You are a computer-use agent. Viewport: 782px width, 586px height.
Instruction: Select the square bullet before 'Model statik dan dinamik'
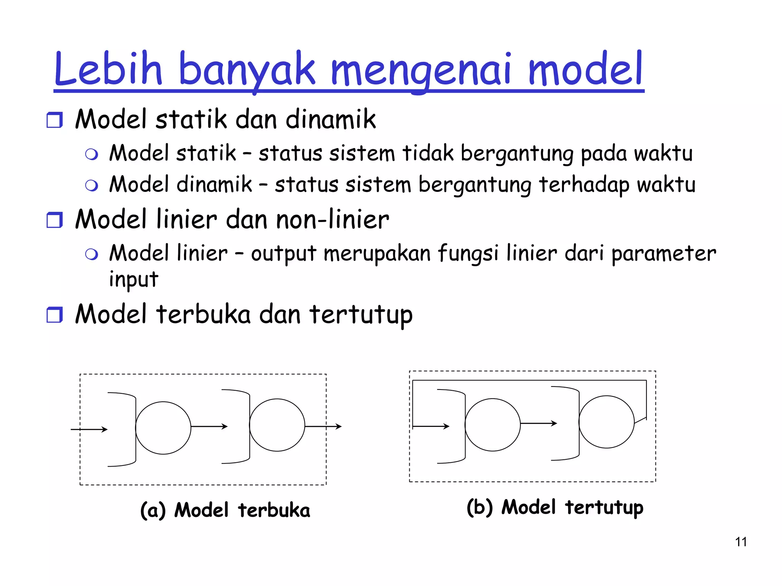[x=54, y=120]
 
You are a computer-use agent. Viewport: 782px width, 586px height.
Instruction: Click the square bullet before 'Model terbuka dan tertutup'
[x=54, y=315]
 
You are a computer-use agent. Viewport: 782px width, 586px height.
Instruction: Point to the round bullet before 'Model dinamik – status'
[x=92, y=185]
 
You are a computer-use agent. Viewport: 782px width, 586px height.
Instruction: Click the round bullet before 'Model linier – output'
[x=92, y=254]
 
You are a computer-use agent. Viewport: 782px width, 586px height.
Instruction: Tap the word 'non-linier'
[x=332, y=220]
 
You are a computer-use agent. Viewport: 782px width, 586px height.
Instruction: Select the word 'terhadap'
[x=584, y=185]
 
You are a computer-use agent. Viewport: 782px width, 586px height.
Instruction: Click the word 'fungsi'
[x=468, y=254]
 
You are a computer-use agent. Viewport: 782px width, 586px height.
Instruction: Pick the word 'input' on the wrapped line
[x=133, y=279]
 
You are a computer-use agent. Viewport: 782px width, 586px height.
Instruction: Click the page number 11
[x=741, y=542]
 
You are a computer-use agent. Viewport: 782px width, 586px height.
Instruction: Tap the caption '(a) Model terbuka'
[x=225, y=510]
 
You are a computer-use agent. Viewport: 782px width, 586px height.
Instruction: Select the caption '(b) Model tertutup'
[x=555, y=507]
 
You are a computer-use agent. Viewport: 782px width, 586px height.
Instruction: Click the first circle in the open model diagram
[x=163, y=428]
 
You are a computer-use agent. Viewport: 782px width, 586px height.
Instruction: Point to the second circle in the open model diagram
[x=277, y=425]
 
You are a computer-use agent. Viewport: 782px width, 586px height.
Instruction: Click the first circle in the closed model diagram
[x=493, y=425]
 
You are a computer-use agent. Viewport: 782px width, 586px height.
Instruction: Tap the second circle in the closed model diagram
[x=606, y=422]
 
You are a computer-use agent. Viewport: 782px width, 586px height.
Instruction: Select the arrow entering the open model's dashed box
[x=89, y=430]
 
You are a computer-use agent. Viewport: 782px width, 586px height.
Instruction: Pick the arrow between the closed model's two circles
[x=538, y=423]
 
